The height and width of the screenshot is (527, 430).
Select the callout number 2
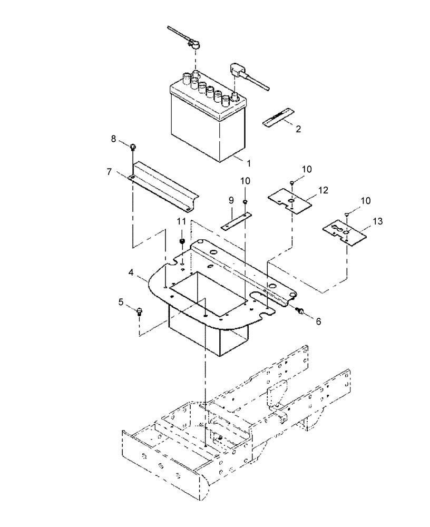pyautogui.click(x=298, y=129)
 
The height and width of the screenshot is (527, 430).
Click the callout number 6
pyautogui.click(x=318, y=320)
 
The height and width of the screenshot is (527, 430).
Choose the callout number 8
pyautogui.click(x=113, y=139)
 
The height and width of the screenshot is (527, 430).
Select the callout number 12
pyautogui.click(x=323, y=189)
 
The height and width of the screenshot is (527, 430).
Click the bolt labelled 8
pyautogui.click(x=132, y=147)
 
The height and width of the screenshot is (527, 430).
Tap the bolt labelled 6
pyautogui.click(x=300, y=311)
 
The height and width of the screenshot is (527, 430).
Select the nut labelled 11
pyautogui.click(x=182, y=242)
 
